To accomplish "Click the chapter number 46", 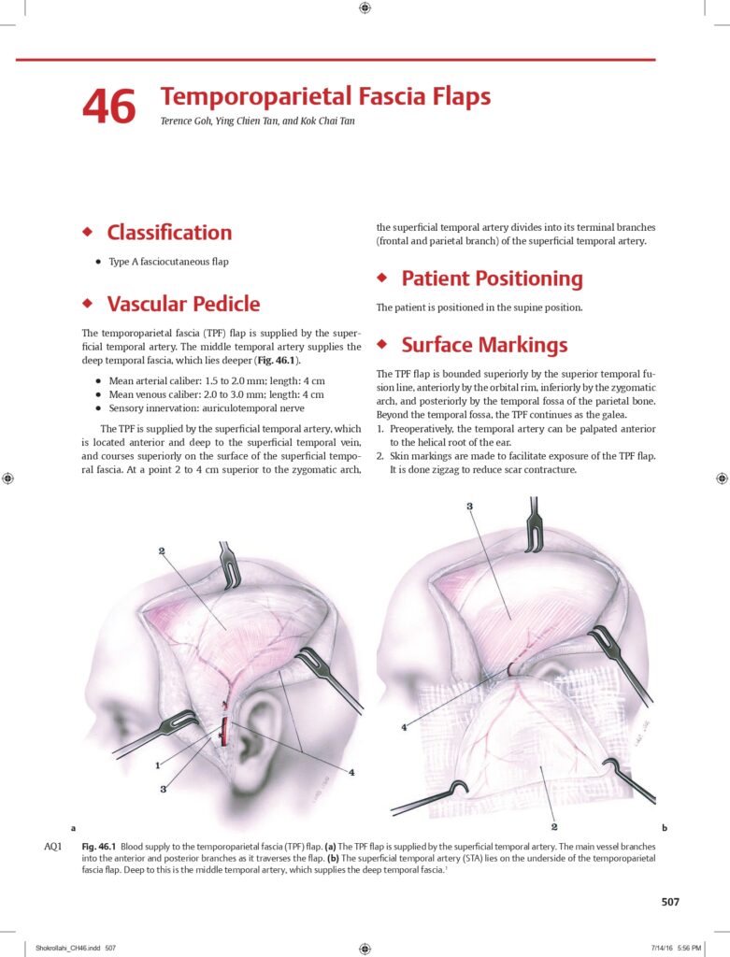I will (x=108, y=106).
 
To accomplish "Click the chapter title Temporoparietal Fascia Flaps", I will (x=325, y=96).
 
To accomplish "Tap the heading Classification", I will (x=169, y=233).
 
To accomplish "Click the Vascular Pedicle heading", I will (x=183, y=304).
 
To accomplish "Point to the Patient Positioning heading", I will (x=492, y=279).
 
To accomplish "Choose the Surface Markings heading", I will (x=484, y=345).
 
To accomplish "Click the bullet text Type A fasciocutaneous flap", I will (x=168, y=262).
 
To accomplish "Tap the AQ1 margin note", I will (x=52, y=847).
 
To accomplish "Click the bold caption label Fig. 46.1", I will (x=98, y=847).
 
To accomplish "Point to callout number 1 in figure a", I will (x=157, y=766).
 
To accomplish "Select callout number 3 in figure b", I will (x=469, y=506).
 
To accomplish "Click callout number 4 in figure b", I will (x=404, y=727).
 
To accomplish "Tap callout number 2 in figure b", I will (x=554, y=827).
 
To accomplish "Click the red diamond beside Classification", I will (x=88, y=232).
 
